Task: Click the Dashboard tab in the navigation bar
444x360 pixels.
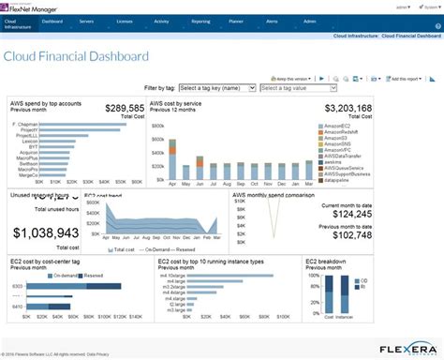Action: coord(52,20)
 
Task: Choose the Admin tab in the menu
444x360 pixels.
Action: coord(309,20)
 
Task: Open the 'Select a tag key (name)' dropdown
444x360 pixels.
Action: coord(216,88)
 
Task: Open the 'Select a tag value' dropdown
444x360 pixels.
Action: coord(297,88)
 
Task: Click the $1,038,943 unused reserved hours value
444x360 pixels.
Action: coord(43,232)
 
